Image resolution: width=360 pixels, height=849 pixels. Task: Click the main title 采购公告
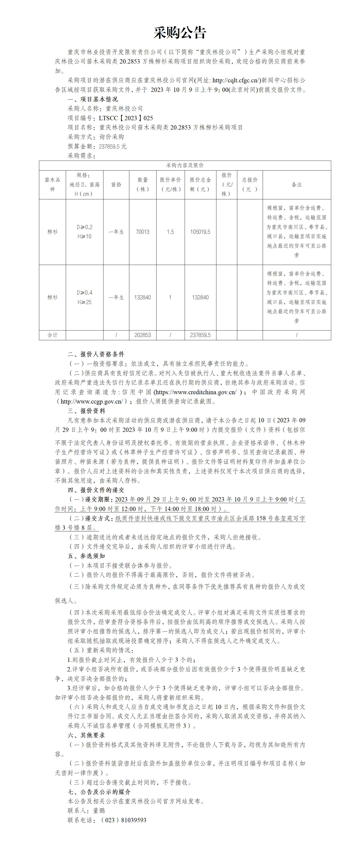pos(180,33)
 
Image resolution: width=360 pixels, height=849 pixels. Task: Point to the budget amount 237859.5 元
pos(112,146)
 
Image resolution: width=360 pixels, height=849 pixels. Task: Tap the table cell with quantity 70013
pos(142,232)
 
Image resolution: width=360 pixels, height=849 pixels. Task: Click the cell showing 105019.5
pos(200,232)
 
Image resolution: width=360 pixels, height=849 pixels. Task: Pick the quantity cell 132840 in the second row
pos(142,297)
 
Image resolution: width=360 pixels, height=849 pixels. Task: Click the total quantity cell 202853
pos(142,335)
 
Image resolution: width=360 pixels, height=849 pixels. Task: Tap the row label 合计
pos(52,335)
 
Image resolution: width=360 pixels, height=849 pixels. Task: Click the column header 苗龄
pos(116,184)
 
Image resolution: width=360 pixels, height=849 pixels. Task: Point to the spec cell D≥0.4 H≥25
pos(84,297)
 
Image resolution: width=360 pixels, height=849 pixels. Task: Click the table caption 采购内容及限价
pos(185,165)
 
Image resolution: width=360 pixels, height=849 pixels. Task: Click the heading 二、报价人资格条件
pos(96,354)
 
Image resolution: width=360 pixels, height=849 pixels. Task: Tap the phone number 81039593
pos(133,820)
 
